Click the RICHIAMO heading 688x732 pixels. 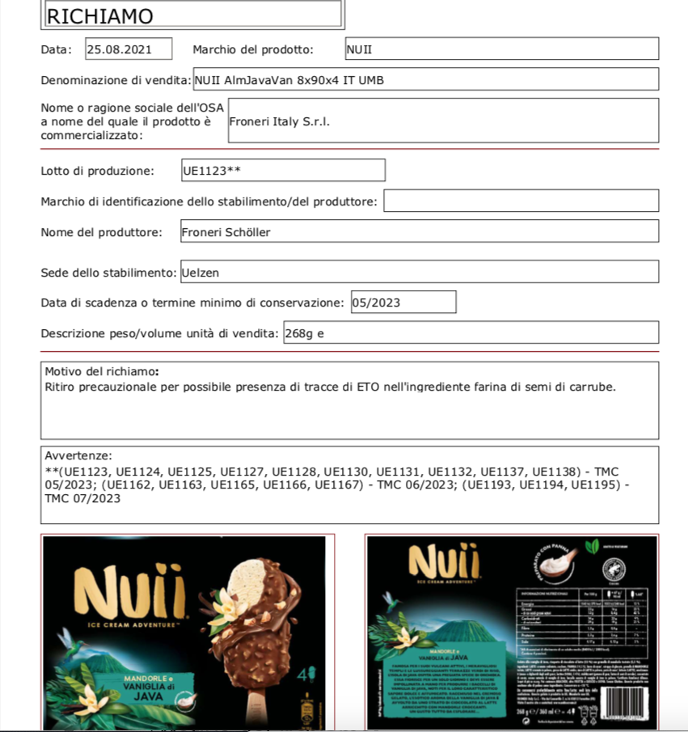click(100, 16)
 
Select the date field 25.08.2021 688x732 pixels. click(129, 49)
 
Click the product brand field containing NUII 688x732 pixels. click(501, 49)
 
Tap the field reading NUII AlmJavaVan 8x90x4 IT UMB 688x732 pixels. click(424, 79)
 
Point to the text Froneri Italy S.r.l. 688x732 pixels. click(280, 122)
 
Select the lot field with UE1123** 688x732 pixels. click(283, 171)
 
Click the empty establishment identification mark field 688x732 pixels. click(521, 201)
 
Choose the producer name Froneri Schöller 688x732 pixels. click(226, 232)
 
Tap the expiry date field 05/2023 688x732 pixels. click(403, 303)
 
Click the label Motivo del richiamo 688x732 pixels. click(102, 371)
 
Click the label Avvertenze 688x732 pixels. click(78, 456)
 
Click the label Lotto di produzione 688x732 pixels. click(97, 171)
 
